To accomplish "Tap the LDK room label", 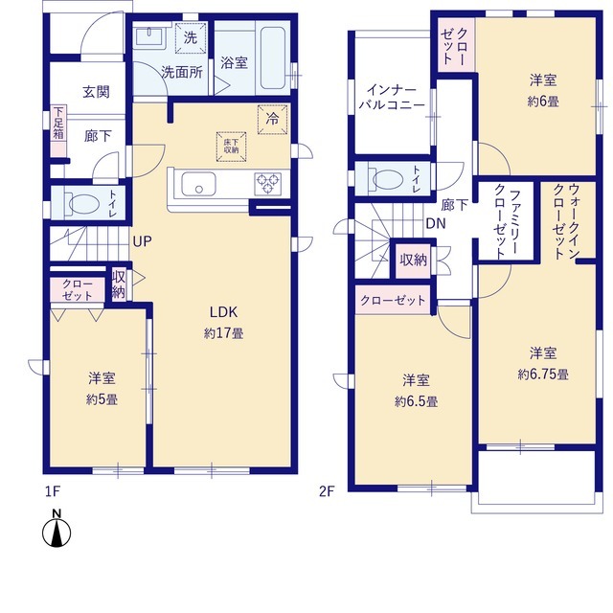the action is (x=223, y=312).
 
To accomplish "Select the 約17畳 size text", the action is (x=223, y=333).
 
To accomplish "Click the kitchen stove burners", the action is (x=268, y=183).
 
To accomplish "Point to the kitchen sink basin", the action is (x=198, y=183).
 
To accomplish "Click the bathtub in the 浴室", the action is (x=272, y=57).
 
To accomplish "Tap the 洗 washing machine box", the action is (x=191, y=38).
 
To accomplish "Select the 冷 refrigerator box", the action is (x=272, y=119).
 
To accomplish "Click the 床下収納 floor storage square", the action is (x=232, y=147).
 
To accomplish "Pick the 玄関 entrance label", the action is (x=96, y=92).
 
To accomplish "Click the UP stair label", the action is (x=142, y=241).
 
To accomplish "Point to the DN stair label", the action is (x=436, y=223).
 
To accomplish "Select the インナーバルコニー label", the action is (x=392, y=98).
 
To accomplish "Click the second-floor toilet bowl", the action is (x=387, y=179).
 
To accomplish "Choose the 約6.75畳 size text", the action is (x=543, y=375).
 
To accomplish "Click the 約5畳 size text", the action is (x=102, y=399).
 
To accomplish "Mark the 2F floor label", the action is (x=327, y=491).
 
